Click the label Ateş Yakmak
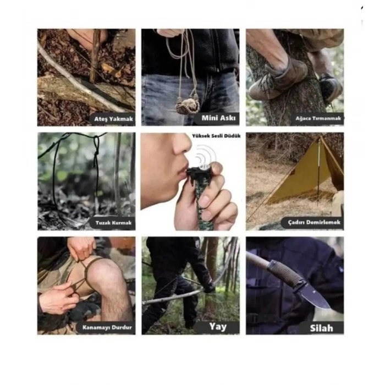coord(113,119)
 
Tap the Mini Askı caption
coord(218,118)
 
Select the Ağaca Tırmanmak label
coord(318,118)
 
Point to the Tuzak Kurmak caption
coord(113,223)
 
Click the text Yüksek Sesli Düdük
coord(216,136)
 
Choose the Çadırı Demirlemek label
coord(314,222)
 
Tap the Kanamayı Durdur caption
coord(107,328)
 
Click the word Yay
coord(218,327)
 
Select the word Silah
coord(321,328)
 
